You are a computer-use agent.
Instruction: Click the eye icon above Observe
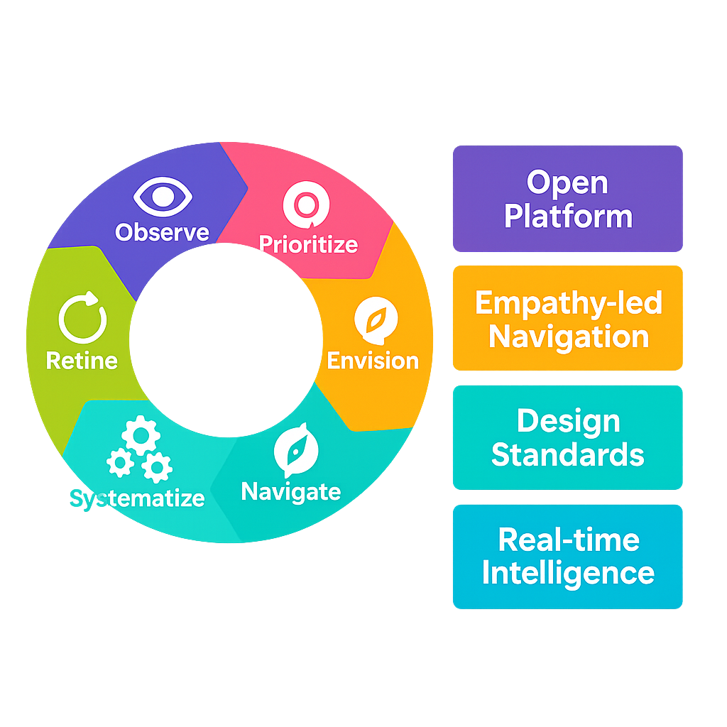pos(163,196)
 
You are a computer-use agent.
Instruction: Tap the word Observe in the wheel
pos(163,232)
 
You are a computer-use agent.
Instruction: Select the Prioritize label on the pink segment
pos(308,244)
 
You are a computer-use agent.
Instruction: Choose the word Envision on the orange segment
pos(373,361)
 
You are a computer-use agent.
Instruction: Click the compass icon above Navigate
pos(295,449)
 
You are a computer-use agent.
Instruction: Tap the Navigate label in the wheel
pos(291,491)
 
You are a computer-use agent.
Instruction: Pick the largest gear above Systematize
pos(140,434)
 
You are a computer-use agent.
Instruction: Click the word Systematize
pos(137,498)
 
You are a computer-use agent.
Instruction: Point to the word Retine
pos(82,360)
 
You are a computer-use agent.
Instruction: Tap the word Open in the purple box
pos(567,183)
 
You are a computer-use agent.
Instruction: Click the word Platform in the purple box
pos(568,216)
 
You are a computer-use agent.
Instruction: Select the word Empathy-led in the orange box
pos(568,303)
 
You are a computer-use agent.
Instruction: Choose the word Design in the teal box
pos(568,421)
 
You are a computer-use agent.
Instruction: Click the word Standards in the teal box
pos(568,454)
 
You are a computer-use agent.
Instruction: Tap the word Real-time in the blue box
pos(568,540)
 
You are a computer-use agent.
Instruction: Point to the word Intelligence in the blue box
pos(568,573)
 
